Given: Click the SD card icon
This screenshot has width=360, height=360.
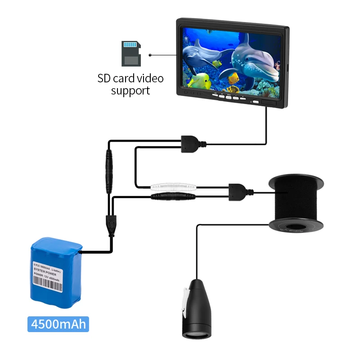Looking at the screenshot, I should pos(131,53).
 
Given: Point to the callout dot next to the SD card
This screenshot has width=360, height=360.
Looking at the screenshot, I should pos(150,56).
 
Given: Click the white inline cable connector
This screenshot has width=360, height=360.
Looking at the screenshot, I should pos(173,186).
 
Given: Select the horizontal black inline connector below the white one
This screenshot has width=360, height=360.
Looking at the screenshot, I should pos(173,197).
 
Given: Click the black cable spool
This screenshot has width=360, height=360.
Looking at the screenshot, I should pos(296,202).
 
